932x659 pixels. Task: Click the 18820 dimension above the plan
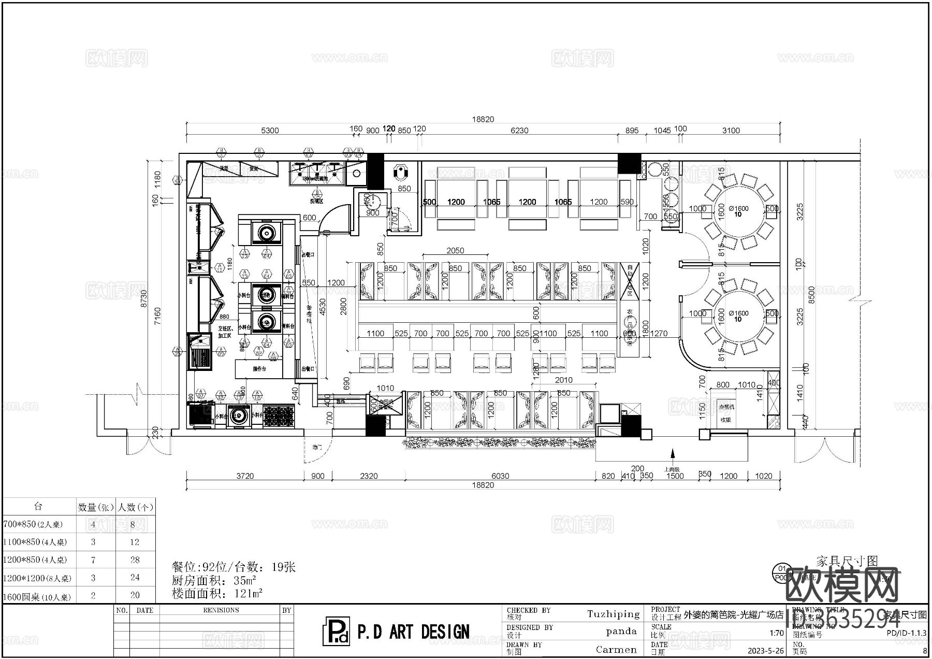coord(483,119)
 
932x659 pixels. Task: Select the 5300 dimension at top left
coord(270,131)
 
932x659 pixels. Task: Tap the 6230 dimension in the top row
coord(519,131)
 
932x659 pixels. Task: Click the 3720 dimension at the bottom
coord(245,476)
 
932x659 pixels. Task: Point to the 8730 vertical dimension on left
coord(144,299)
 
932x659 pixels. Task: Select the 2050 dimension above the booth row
coord(455,251)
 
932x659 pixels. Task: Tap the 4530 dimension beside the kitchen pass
coord(322,307)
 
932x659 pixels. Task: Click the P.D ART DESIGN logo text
coord(413,632)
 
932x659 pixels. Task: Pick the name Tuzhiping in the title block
coord(614,614)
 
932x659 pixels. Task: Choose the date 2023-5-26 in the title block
coord(765,650)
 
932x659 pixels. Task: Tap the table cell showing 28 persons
coord(135,560)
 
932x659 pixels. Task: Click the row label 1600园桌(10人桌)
coord(37,597)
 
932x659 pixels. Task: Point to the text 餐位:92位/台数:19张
coord(234,567)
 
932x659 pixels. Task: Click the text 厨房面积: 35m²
coord(214,580)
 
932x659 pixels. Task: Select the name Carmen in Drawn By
coord(616,650)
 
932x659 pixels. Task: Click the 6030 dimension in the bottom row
coord(500,476)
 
